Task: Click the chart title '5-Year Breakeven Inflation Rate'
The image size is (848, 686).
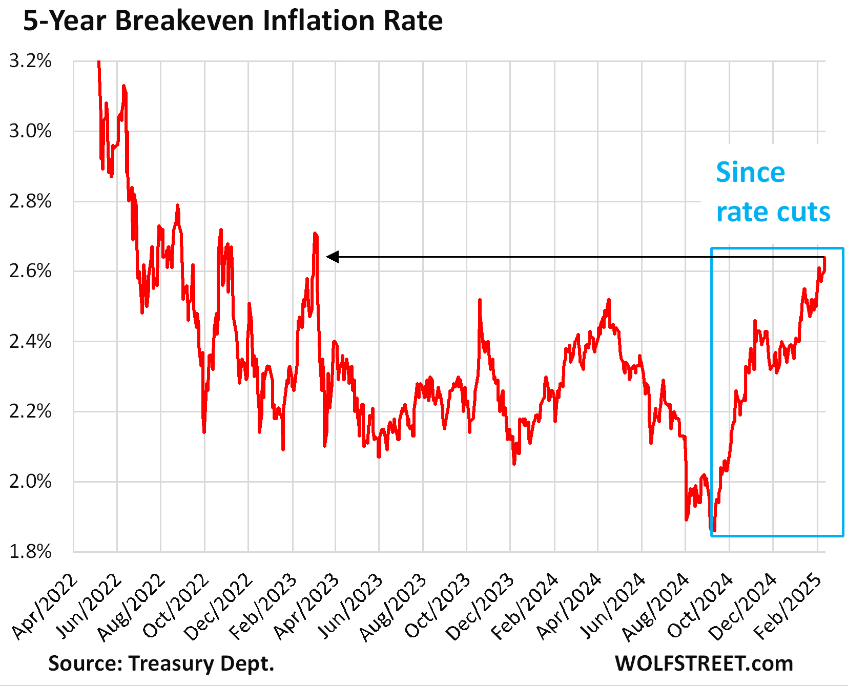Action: (233, 22)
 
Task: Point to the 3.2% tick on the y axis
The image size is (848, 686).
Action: (31, 61)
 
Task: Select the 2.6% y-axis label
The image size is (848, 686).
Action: (31, 271)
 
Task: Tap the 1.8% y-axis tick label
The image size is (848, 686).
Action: (31, 552)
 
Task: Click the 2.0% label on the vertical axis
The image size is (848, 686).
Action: (31, 482)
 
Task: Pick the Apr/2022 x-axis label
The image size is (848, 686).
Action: (45, 607)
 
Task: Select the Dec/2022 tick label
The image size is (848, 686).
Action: (219, 607)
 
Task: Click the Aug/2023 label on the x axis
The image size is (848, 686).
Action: (394, 607)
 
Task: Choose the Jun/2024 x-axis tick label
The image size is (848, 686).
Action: (612, 607)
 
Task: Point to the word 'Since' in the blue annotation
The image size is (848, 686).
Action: (750, 172)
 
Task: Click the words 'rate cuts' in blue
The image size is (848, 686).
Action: (773, 212)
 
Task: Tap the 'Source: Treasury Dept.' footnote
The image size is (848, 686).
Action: (161, 663)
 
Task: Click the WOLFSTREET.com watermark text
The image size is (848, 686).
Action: (704, 663)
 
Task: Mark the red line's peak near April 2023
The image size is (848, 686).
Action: (315, 234)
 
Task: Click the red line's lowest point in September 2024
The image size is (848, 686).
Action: (713, 531)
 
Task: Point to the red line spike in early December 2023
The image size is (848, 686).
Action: (480, 300)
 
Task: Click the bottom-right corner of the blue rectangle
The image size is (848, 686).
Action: (843, 536)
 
